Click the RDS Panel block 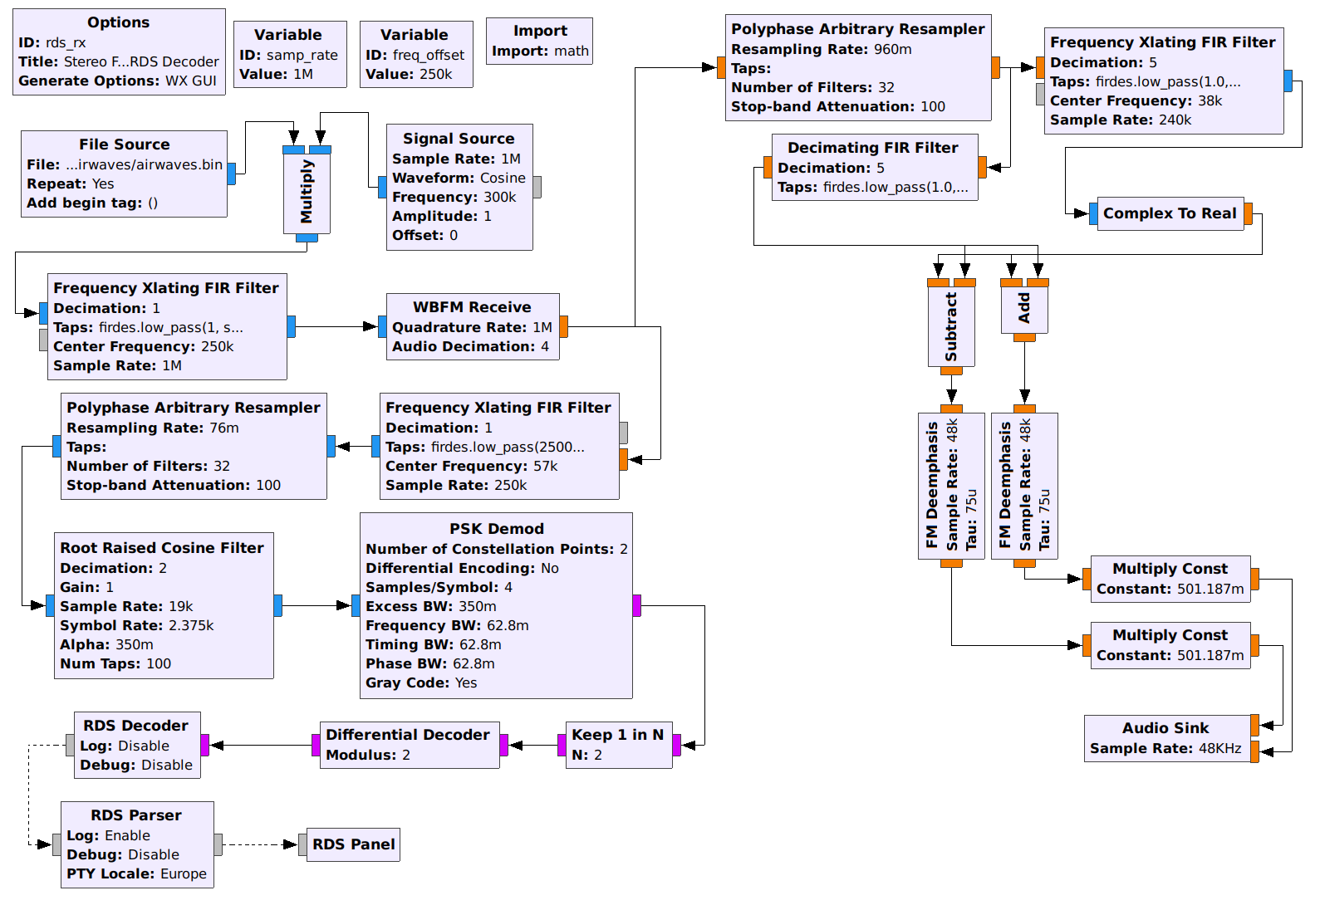click(353, 844)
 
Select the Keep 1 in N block click(618, 745)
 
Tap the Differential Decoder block click(409, 745)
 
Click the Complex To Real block click(1170, 213)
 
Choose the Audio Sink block click(1166, 738)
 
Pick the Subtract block click(951, 326)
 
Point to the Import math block click(540, 42)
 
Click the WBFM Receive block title click(472, 307)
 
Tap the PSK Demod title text click(497, 529)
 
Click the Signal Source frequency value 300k click(500, 197)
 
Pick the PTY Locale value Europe click(184, 873)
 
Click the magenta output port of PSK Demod click(637, 605)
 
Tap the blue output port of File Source click(232, 174)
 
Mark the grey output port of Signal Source click(537, 187)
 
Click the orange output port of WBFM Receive click(564, 326)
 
